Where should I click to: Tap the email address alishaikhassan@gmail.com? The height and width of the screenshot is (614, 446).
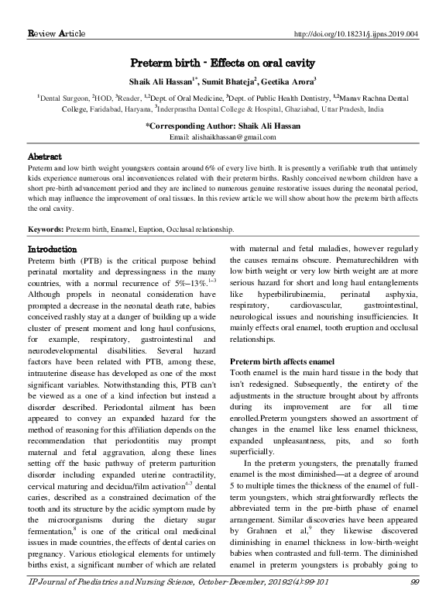tap(223, 137)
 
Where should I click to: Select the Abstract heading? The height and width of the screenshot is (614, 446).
tap(45, 155)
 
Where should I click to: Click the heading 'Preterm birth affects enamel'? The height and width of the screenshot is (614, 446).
tap(284, 364)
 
